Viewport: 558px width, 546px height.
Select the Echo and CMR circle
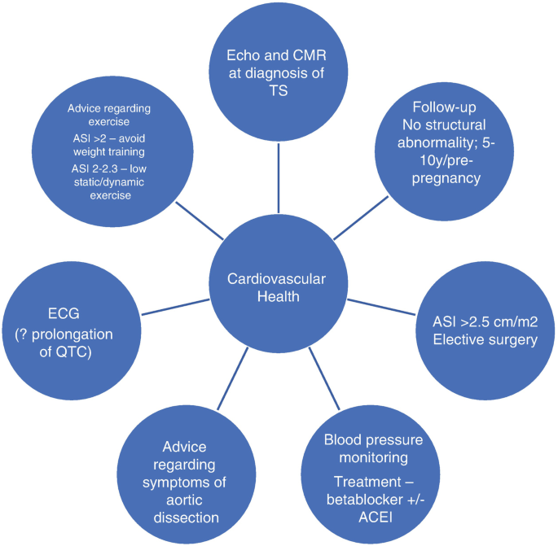[x=279, y=73]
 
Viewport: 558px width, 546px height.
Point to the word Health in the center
[x=276, y=297]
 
